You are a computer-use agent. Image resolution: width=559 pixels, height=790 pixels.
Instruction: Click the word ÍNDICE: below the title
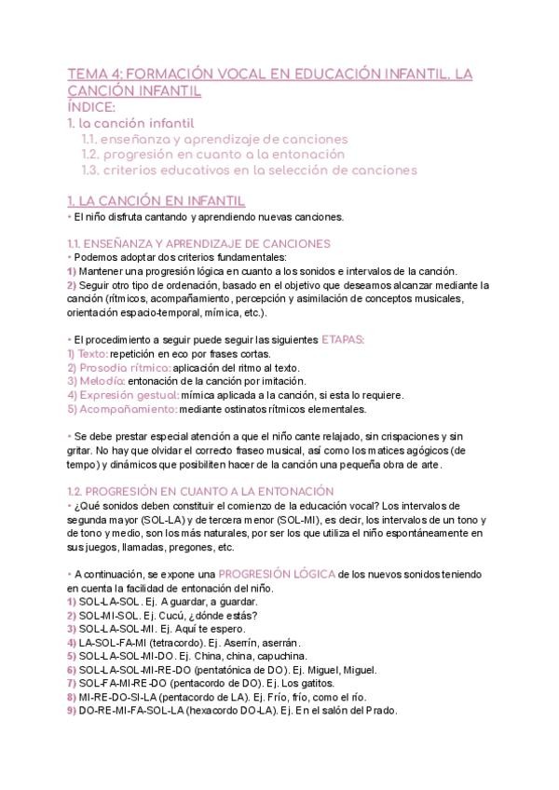tap(91, 107)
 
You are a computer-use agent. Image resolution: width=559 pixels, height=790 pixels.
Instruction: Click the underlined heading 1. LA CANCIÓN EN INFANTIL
tap(157, 200)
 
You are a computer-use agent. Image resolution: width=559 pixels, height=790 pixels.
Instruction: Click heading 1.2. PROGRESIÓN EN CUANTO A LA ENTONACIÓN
tap(200, 490)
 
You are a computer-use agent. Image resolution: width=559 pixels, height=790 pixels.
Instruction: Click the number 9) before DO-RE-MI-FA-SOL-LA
tap(72, 710)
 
